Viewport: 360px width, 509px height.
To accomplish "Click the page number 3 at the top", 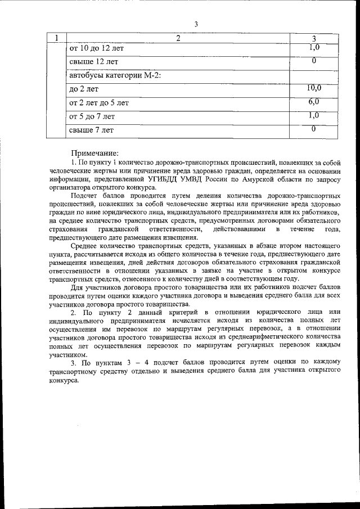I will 196,24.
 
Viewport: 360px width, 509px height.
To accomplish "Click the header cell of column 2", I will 178,38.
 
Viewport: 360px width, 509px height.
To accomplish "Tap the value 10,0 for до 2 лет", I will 314,88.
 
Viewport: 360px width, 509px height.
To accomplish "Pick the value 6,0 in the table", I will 314,102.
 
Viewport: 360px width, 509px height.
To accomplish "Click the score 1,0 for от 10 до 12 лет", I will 314,47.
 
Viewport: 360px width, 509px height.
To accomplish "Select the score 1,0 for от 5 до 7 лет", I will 314,115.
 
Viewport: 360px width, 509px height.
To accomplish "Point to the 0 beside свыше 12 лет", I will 314,61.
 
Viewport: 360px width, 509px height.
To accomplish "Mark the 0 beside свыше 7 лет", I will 314,129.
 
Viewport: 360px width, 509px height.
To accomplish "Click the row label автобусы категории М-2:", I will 115,75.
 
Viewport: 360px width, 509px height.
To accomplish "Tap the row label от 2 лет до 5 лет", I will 98,102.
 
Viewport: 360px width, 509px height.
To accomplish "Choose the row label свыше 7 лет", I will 91,130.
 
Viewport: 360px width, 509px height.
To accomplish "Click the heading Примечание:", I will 94,153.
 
